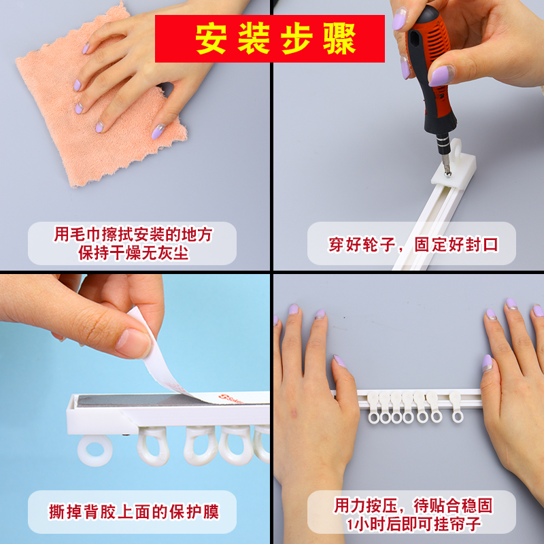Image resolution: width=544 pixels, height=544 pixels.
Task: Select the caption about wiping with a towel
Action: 133,243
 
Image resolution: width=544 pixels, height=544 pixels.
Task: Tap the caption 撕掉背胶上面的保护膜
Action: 133,511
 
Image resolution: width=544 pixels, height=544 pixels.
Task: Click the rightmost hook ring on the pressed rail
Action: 457,413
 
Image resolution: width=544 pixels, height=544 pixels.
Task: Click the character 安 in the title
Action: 211,39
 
